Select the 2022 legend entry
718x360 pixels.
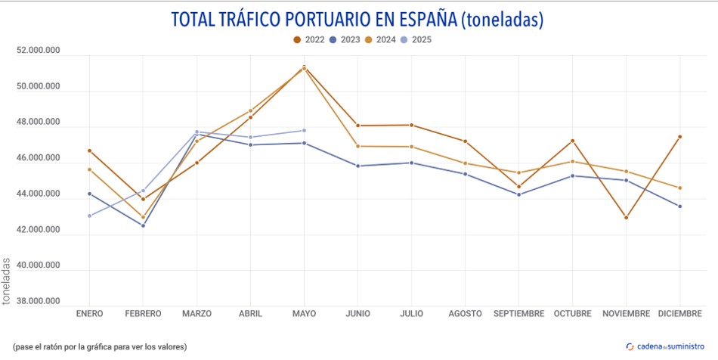coord(310,39)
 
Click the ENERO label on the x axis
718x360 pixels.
coord(89,313)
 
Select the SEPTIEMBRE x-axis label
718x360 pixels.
coord(519,313)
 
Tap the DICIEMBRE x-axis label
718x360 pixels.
coord(679,313)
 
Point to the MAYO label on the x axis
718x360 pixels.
coord(304,313)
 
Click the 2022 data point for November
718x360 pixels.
coord(626,218)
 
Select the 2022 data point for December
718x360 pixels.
coord(679,137)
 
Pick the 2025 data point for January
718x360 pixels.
coord(89,216)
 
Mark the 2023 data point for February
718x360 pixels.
coord(143,225)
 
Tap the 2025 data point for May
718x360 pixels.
coord(304,130)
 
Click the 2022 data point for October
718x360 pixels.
coord(572,141)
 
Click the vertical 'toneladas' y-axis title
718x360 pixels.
coord(7,281)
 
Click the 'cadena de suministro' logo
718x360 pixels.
coord(666,346)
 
